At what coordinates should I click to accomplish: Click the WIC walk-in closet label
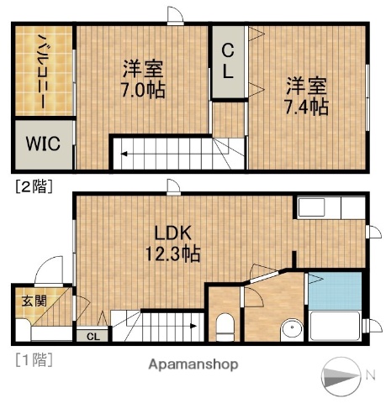coord(40,143)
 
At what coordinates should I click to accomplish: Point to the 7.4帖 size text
coord(305,107)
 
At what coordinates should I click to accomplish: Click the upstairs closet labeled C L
coord(228,60)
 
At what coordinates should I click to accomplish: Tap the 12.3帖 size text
coord(175,251)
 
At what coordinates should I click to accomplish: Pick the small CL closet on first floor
coord(93,337)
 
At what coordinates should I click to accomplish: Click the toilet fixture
coord(225,327)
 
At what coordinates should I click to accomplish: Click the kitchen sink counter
coord(317,207)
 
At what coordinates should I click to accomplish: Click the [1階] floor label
coord(33,361)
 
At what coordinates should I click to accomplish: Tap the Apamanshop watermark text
coord(193,364)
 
